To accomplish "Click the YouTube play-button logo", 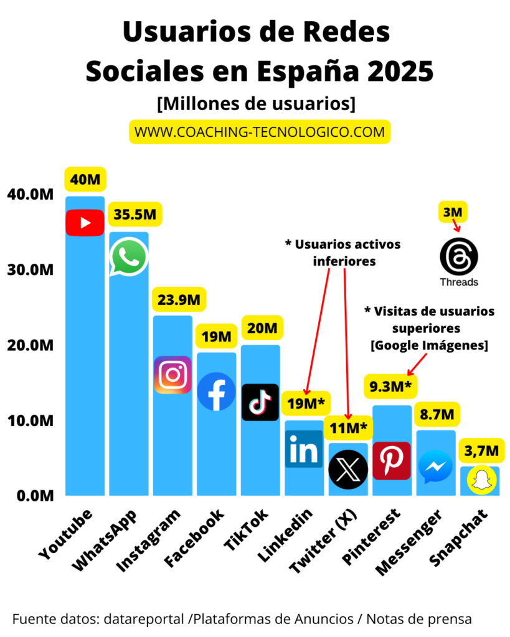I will (x=85, y=222).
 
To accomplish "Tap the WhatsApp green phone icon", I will (x=129, y=256).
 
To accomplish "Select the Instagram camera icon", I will (x=172, y=374).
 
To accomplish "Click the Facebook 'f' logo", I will (x=216, y=391).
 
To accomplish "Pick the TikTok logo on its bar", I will (x=260, y=402).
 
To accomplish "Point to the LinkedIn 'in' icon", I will (x=304, y=449).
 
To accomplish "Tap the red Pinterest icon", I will (x=392, y=460).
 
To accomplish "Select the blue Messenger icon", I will (x=435, y=467).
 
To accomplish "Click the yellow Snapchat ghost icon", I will (x=479, y=480).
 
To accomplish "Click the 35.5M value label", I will (x=135, y=215).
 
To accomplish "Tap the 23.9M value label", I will (x=179, y=300).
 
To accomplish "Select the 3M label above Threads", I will (x=453, y=212).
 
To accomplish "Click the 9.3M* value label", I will (x=390, y=388).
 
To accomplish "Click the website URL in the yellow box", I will (x=260, y=132).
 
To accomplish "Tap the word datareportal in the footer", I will (x=145, y=619).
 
